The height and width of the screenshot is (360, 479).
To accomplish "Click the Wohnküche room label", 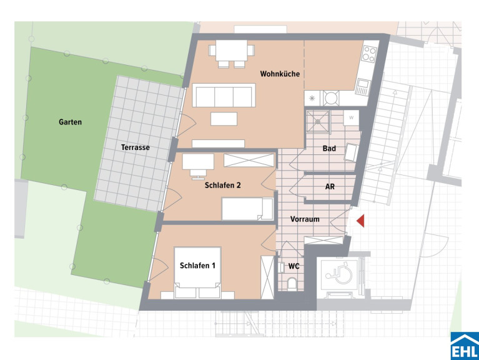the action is click(280, 74).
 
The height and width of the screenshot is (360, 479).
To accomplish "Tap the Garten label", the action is click(71, 122).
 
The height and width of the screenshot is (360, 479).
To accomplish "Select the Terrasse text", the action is click(136, 147).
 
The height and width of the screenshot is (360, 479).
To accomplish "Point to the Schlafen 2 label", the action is click(223, 185).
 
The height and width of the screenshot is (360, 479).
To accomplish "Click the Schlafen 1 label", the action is click(197, 266).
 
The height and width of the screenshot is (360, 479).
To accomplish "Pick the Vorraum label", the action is click(305, 219).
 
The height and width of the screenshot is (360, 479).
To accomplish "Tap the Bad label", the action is click(329, 149).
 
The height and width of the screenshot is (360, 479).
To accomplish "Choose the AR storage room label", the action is click(330, 186).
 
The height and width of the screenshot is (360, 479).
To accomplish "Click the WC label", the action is click(294, 266).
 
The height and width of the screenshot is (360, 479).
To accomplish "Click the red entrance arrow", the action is click(361, 221).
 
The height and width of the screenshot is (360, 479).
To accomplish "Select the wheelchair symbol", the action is click(339, 273).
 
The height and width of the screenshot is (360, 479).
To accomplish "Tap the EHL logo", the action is click(465, 346).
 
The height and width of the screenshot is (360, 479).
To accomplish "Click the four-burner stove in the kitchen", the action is click(368, 54).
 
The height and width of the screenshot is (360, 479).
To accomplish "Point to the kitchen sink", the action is click(363, 87).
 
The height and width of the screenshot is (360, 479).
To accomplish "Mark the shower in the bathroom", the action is click(318, 121).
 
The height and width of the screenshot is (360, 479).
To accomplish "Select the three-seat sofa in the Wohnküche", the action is click(224, 96).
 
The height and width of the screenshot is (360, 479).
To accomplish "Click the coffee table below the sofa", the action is click(224, 119).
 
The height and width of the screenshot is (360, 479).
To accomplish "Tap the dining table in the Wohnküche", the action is click(231, 51).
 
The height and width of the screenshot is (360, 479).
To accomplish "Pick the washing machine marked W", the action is click(351, 117).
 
